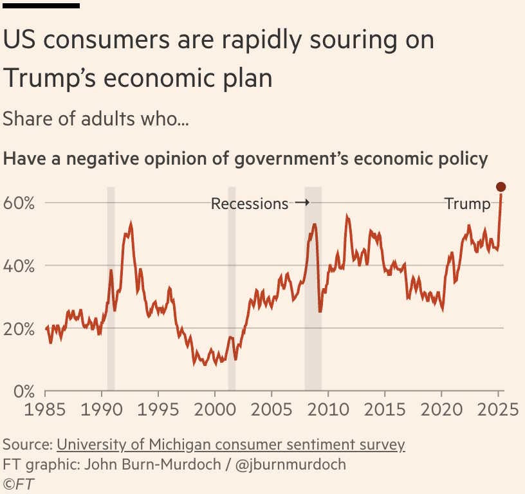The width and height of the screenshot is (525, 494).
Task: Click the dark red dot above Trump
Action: pos(501,187)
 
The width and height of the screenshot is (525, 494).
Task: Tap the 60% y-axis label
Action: pos(19,203)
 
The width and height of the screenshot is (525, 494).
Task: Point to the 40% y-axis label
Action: pos(19,266)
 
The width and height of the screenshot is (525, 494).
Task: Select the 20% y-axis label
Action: pos(19,329)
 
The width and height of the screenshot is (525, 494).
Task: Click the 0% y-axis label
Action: pos(23,392)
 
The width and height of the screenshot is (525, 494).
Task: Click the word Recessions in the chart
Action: pos(250,204)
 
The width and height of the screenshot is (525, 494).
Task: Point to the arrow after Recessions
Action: pos(302,203)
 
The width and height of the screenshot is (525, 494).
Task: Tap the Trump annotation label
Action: pos(467,204)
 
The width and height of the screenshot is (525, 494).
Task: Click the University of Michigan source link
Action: pos(230,444)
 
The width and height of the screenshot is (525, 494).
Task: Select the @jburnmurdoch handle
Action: pos(290,464)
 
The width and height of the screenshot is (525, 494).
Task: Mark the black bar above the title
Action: pos(41,5)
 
